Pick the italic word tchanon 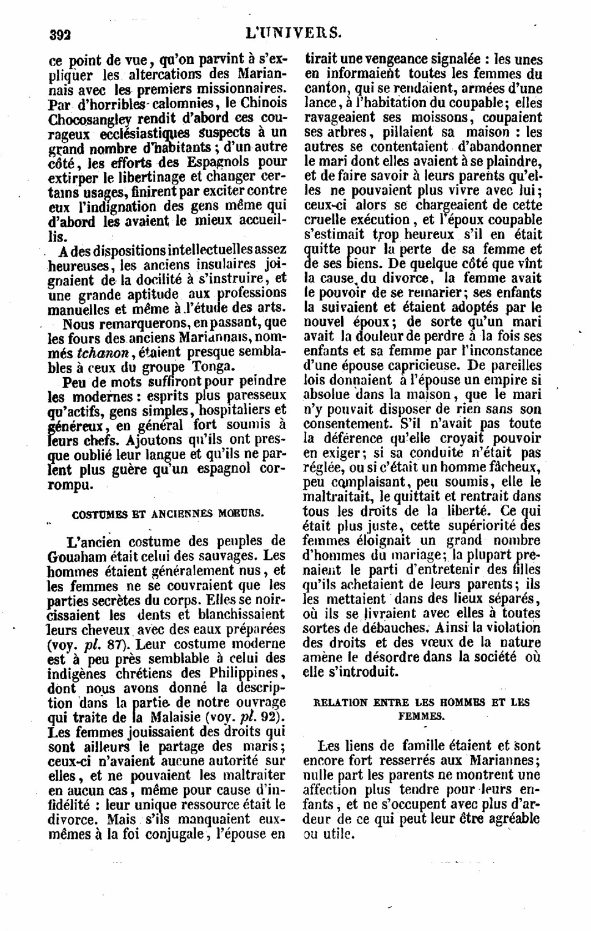(102, 353)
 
